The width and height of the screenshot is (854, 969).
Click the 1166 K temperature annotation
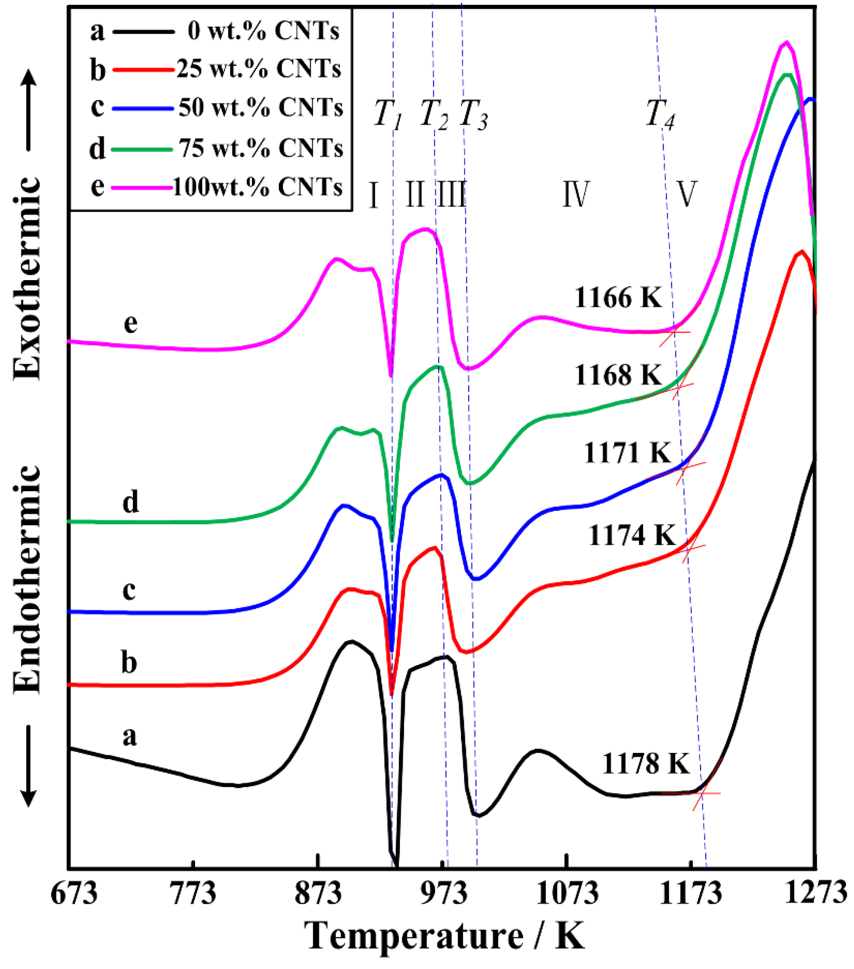(x=618, y=298)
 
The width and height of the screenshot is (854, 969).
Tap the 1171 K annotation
(x=628, y=452)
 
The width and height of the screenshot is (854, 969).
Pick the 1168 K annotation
(x=618, y=375)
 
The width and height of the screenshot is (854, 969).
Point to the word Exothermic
(x=27, y=278)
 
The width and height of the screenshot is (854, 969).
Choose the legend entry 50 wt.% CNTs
(x=261, y=108)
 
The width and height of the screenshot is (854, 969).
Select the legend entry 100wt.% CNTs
(x=257, y=187)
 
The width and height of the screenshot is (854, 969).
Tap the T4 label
(x=660, y=115)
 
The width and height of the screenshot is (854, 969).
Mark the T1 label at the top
(x=388, y=115)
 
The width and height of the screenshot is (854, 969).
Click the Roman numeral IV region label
(x=576, y=194)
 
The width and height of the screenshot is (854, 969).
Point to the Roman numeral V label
(x=686, y=194)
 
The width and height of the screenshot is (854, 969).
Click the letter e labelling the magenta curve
(x=131, y=324)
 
